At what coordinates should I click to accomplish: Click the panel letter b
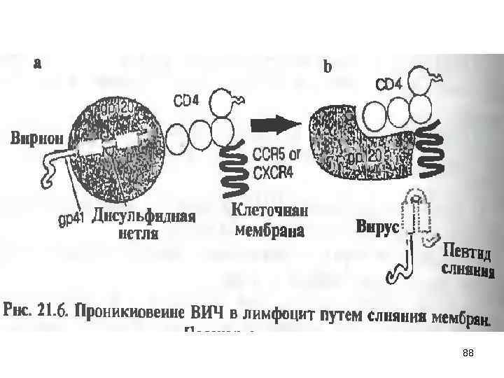click(327, 68)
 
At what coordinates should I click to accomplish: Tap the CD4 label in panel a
click(186, 101)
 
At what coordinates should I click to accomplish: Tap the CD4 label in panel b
click(389, 85)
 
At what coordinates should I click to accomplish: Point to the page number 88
click(468, 353)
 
